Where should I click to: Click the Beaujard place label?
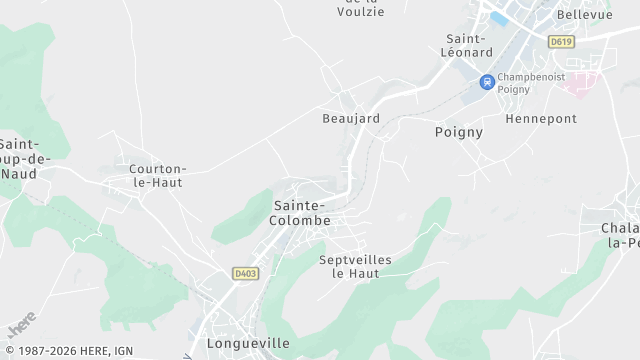pos(351,118)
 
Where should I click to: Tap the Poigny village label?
pos(459,132)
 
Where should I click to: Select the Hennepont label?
pos(541,118)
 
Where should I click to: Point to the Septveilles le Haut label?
pos(355,266)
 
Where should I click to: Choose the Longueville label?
pos(247,344)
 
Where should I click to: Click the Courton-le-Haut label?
pos(158,175)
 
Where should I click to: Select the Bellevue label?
pos(584,15)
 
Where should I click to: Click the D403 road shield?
pos(245,273)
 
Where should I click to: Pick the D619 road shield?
pos(560,42)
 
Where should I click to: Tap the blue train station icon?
pos(487,82)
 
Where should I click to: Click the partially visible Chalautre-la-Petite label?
pos(621,235)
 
